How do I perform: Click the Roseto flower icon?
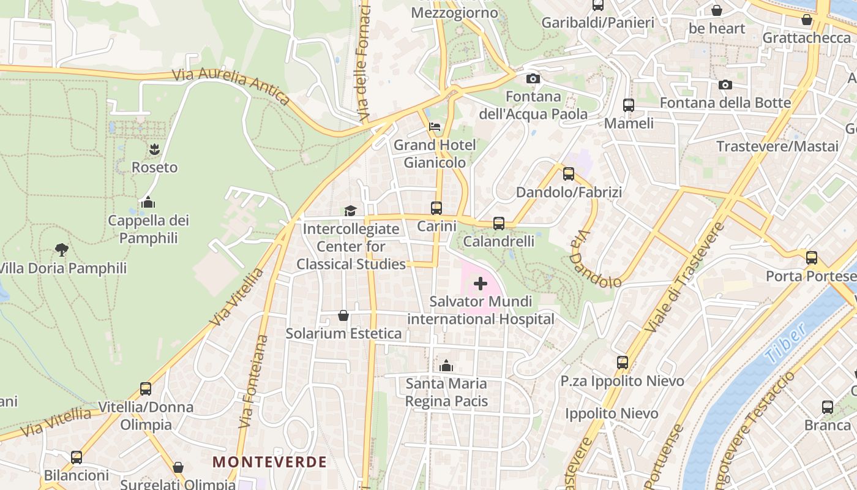coord(154,149)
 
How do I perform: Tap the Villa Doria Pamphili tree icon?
coord(61,249)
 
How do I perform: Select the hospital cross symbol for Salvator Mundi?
coord(481,284)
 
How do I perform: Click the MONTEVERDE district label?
coord(269,462)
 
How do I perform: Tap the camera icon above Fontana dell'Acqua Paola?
coord(533,78)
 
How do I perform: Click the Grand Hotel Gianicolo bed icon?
coord(435,127)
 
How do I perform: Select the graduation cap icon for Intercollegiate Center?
coord(350,211)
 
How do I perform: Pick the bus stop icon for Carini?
coord(436,208)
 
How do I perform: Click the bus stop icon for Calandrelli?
coord(499,223)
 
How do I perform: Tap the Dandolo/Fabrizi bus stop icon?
coord(569,173)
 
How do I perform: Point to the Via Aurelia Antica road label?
coord(231,86)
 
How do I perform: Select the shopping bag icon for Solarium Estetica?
coord(343,315)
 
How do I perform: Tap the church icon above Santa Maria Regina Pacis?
coord(446,366)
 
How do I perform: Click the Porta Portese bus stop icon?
coord(812,258)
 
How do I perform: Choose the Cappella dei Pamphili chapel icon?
coord(148,202)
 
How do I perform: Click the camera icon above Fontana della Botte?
coord(725,85)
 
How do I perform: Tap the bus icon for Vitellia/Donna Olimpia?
coord(146,388)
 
